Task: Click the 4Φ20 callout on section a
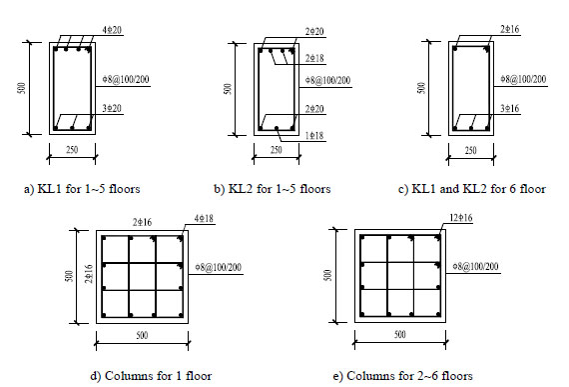click(112, 30)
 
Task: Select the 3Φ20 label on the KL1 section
click(112, 108)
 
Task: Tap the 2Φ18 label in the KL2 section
click(314, 59)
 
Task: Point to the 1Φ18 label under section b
click(314, 136)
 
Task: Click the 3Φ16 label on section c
click(510, 108)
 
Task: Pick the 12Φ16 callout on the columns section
click(461, 218)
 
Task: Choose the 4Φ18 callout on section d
click(204, 218)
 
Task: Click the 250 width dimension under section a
click(72, 150)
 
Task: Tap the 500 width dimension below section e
click(400, 334)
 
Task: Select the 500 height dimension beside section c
click(421, 88)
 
